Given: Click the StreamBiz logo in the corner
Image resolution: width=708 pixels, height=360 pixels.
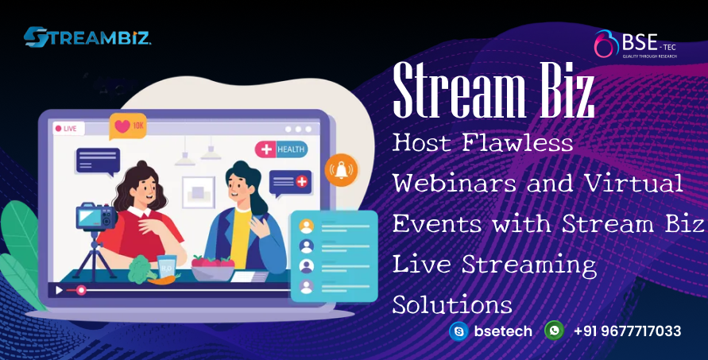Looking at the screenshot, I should (x=87, y=37).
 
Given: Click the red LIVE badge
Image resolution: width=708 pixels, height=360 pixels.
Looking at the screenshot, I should (x=65, y=128).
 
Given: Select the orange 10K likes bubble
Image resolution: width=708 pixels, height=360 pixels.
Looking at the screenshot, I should (x=128, y=126).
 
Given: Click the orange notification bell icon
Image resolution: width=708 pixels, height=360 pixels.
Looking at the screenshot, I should (x=342, y=169).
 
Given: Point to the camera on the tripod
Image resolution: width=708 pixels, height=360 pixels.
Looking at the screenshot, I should (x=94, y=217).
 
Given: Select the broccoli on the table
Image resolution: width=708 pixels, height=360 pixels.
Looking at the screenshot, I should (x=141, y=269).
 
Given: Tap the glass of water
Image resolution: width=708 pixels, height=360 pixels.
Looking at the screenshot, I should (x=167, y=267).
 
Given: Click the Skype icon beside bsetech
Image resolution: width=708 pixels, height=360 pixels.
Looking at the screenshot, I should (x=458, y=331).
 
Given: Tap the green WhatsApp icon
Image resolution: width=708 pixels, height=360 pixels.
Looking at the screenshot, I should (x=554, y=331).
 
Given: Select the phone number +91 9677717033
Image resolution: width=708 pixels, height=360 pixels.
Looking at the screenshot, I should (x=627, y=331).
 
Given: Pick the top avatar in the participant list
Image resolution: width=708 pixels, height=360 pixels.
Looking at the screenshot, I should (x=306, y=226).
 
